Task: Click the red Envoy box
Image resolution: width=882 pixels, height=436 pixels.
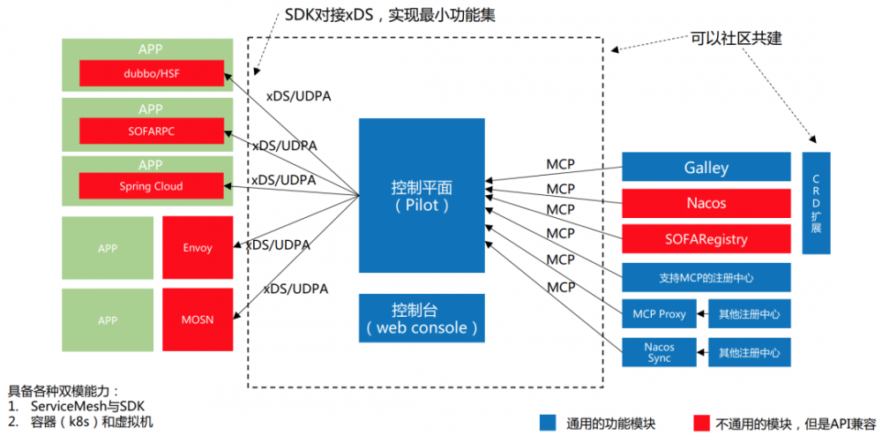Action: click(x=198, y=248)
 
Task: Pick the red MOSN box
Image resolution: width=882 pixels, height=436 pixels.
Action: click(x=198, y=319)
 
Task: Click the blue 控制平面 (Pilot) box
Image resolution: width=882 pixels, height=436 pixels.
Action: click(x=422, y=196)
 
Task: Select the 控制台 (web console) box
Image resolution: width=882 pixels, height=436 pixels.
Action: click(x=422, y=319)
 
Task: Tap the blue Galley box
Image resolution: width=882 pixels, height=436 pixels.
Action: click(x=706, y=168)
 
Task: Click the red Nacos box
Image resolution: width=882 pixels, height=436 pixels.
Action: click(x=706, y=203)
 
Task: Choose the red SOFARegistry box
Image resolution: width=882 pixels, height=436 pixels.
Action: click(x=706, y=239)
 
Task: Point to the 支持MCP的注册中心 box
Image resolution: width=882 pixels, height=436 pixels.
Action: click(x=706, y=277)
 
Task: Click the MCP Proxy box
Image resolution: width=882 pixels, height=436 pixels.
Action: click(x=659, y=314)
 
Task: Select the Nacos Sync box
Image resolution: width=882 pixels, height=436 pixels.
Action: click(x=659, y=352)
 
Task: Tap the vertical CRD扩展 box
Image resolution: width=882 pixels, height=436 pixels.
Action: click(x=816, y=203)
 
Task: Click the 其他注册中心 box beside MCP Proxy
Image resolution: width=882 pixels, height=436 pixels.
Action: click(x=749, y=314)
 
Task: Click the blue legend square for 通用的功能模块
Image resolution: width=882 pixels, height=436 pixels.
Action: click(x=548, y=422)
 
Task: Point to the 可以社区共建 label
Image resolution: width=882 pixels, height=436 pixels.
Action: click(x=736, y=39)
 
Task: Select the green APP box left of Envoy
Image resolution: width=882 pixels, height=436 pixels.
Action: click(x=108, y=248)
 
